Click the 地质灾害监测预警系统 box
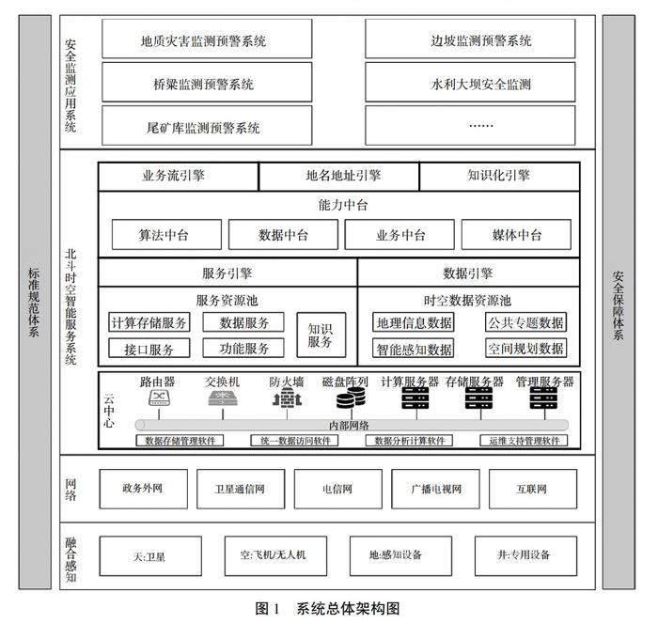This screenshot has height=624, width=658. point(203,40)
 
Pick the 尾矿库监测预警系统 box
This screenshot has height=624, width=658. point(203,127)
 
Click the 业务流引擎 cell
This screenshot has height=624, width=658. point(178,175)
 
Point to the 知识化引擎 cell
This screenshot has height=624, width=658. point(498,175)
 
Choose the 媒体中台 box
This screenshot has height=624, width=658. point(516,234)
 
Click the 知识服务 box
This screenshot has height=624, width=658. point(321,335)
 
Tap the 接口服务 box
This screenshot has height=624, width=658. point(149,348)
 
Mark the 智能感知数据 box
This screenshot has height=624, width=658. point(414,348)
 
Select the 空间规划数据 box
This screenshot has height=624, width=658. point(525,348)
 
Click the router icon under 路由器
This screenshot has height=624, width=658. point(157,400)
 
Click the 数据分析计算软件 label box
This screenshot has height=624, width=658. point(413,440)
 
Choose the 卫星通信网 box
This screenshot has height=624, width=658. point(240,489)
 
